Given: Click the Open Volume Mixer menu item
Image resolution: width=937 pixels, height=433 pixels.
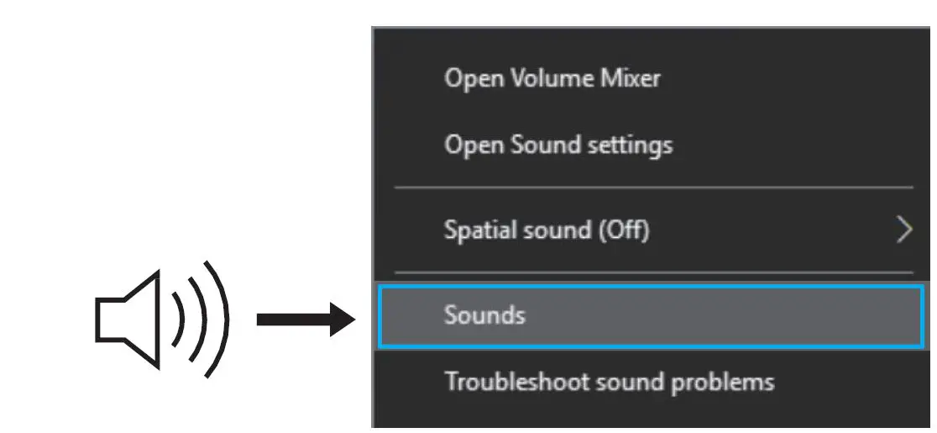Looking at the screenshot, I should pyautogui.click(x=552, y=78).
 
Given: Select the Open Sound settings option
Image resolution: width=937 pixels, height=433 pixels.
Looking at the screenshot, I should pyautogui.click(x=557, y=145).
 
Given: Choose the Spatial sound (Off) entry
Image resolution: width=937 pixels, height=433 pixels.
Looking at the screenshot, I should pyautogui.click(x=546, y=229).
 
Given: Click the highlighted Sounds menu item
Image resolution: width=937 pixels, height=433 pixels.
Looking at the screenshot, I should pyautogui.click(x=484, y=315).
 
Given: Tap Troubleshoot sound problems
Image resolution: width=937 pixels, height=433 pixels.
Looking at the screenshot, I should pyautogui.click(x=609, y=382).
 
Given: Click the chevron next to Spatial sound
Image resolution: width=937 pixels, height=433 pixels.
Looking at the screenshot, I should pyautogui.click(x=903, y=229).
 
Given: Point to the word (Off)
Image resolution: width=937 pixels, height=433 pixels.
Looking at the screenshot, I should pyautogui.click(x=622, y=229).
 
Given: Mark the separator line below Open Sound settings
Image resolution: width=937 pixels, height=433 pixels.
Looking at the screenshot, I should pyautogui.click(x=653, y=187).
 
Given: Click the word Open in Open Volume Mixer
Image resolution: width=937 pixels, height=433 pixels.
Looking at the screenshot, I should pyautogui.click(x=468, y=78).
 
